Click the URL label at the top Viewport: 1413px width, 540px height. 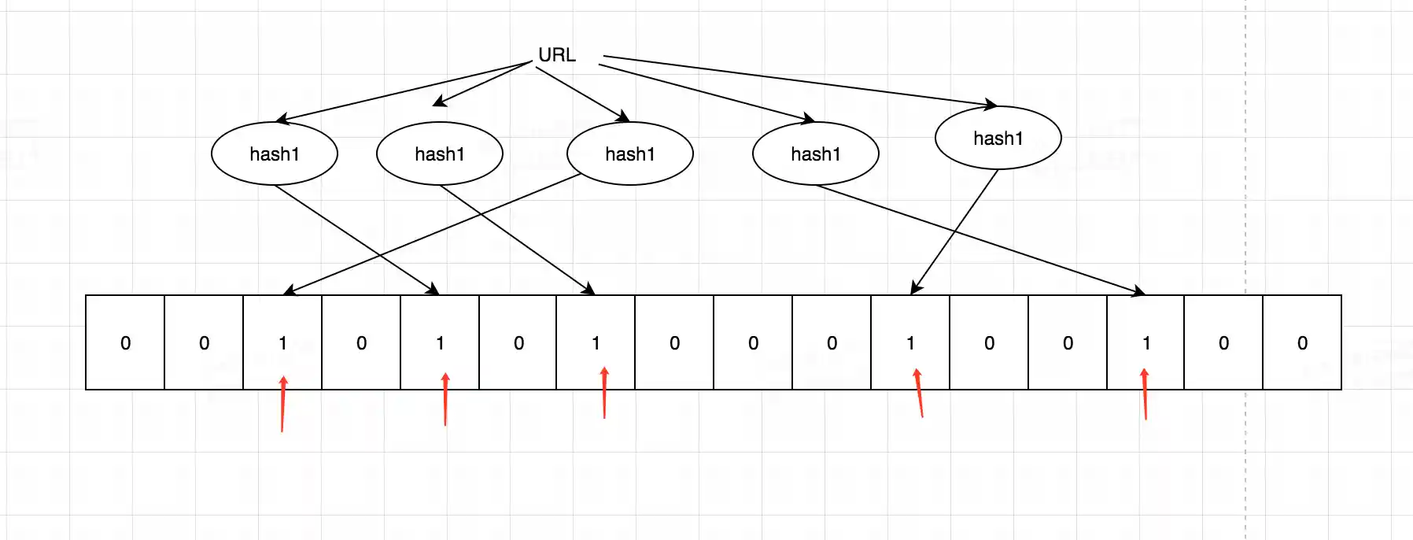pyautogui.click(x=556, y=55)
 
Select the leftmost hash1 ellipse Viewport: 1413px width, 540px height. pyautogui.click(x=274, y=153)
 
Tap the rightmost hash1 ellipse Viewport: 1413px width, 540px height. pyautogui.click(x=998, y=138)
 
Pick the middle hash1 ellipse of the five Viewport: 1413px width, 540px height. pyautogui.click(x=629, y=153)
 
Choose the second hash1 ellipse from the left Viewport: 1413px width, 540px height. pyautogui.click(x=439, y=153)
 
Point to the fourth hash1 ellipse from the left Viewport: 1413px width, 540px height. pyautogui.click(x=815, y=153)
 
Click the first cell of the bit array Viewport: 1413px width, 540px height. pyautogui.click(x=125, y=342)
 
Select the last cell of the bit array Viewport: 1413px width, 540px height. pyautogui.click(x=1302, y=342)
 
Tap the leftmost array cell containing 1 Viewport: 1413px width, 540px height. pyautogui.click(x=282, y=342)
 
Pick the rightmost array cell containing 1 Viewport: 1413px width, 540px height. pyautogui.click(x=1146, y=342)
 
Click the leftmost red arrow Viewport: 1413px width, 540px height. pyautogui.click(x=282, y=404)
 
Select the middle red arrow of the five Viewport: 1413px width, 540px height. pyautogui.click(x=604, y=392)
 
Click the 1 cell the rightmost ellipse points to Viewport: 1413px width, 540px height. pyautogui.click(x=910, y=342)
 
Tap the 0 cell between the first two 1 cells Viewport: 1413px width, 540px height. pyautogui.click(x=361, y=342)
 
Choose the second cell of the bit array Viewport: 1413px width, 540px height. pyautogui.click(x=204, y=342)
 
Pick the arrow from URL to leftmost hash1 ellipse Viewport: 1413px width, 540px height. pyautogui.click(x=405, y=91)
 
